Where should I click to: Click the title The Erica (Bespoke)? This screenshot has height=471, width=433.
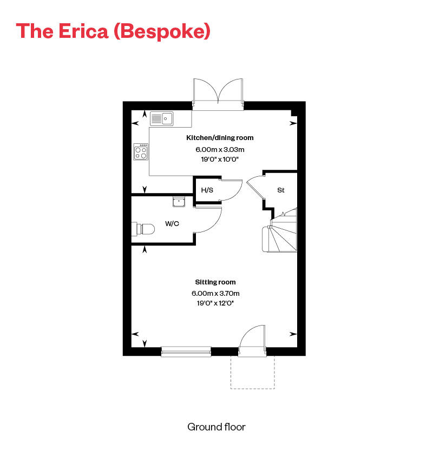(113, 31)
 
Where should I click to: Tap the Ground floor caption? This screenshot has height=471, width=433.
(216, 427)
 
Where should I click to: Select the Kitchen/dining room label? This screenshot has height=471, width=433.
(220, 138)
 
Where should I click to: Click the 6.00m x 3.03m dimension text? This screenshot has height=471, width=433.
(220, 149)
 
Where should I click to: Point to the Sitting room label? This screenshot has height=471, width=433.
(215, 282)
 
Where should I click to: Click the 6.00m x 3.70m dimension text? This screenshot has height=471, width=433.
(215, 293)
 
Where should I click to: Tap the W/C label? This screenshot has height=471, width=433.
(172, 224)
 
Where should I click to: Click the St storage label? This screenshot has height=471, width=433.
(281, 190)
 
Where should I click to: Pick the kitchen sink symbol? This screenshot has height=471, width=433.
(161, 118)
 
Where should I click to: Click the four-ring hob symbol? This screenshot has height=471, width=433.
(141, 151)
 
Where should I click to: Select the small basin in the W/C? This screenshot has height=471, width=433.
(179, 202)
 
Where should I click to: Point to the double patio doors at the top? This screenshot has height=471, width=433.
(218, 93)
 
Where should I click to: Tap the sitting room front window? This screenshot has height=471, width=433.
(186, 352)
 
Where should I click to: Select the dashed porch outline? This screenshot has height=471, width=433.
(252, 373)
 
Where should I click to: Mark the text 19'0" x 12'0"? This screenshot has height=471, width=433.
(215, 303)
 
